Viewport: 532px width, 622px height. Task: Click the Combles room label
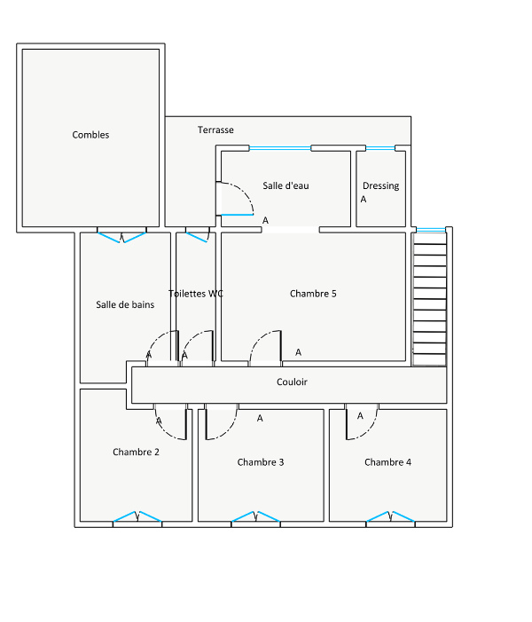(x=90, y=135)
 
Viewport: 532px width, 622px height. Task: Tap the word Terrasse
(x=215, y=130)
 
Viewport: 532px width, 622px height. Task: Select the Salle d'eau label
(x=286, y=185)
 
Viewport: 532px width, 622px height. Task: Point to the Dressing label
(x=381, y=185)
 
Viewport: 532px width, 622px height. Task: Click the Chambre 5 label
(x=313, y=294)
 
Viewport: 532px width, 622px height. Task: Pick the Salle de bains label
(x=125, y=304)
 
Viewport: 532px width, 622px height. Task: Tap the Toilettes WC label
(x=196, y=294)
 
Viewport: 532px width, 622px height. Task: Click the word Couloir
(x=293, y=382)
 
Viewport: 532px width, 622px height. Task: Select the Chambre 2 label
(x=136, y=453)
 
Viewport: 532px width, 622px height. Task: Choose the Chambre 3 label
(x=261, y=462)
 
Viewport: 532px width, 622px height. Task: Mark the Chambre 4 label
(x=388, y=462)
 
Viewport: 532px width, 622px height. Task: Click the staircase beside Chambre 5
(x=430, y=299)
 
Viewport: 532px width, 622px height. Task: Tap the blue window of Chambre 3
(x=255, y=517)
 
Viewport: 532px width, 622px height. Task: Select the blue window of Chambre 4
(x=390, y=517)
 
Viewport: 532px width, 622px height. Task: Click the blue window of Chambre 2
(x=137, y=517)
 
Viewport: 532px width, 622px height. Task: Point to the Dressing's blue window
(x=380, y=148)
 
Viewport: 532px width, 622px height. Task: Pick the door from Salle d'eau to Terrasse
(x=235, y=199)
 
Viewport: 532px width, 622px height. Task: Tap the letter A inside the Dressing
(x=364, y=200)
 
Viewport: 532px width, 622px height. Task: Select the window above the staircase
(x=431, y=230)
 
